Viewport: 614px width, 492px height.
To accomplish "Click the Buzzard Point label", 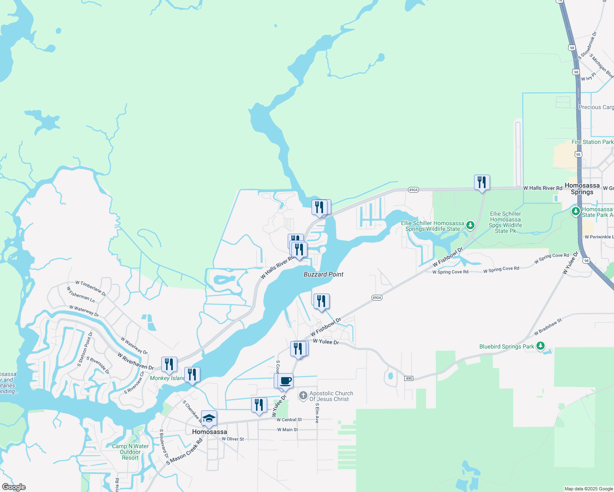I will tap(323, 274).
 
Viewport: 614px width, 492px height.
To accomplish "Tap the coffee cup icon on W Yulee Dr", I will tap(286, 381).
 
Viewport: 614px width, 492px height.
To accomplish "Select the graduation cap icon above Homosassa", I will tap(209, 418).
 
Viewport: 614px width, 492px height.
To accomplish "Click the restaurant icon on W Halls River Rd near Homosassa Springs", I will tap(482, 182).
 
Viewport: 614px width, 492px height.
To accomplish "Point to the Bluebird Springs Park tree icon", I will tap(541, 346).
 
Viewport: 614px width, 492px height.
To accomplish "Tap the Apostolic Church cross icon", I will tap(303, 396).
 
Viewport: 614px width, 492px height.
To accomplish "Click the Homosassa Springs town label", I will tap(582, 189).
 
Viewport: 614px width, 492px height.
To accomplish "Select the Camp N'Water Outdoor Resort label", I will tap(130, 452).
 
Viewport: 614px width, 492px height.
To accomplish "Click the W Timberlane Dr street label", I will tap(91, 288).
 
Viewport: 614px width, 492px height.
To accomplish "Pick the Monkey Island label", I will tap(167, 378).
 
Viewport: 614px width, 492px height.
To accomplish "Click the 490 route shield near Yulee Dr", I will tap(408, 378).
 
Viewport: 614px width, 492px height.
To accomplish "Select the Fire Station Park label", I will tap(592, 142).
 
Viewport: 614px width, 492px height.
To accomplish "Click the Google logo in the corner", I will tap(14, 487).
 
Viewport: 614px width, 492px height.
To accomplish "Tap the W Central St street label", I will tap(289, 420).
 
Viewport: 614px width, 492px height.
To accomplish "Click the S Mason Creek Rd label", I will tap(184, 451).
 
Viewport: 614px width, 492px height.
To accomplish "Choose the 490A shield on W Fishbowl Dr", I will tap(377, 298).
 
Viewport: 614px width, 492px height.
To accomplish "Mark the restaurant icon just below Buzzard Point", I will tap(321, 301).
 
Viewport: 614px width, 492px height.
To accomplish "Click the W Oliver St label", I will tap(233, 439).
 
